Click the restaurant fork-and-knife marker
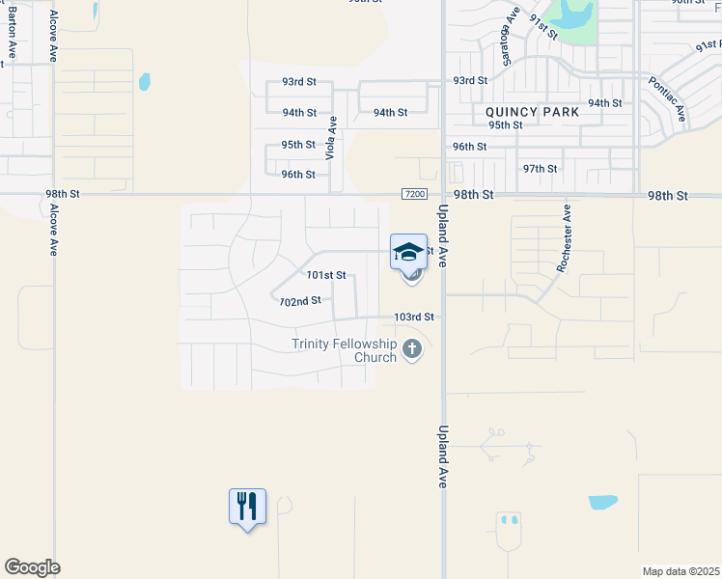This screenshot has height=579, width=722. [x=247, y=506]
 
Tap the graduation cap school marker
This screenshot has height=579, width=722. [x=408, y=252]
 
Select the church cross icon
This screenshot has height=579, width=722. [x=412, y=349]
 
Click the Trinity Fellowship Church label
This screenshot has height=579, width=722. [x=345, y=350]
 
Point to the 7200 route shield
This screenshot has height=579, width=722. [x=414, y=194]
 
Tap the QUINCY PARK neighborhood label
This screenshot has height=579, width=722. [x=533, y=112]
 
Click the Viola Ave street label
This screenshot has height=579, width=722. [x=331, y=138]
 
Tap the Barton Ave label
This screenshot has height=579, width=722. [x=12, y=37]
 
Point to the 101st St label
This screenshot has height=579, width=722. [x=325, y=275]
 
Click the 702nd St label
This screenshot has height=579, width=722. [x=299, y=301]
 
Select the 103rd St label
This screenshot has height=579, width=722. [x=413, y=317]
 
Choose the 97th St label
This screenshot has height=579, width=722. [x=540, y=168]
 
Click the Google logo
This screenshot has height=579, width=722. [x=32, y=567]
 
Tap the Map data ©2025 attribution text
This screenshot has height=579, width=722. [x=680, y=571]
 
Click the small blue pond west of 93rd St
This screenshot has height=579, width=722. [x=145, y=81]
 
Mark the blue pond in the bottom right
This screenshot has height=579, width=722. [x=602, y=502]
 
